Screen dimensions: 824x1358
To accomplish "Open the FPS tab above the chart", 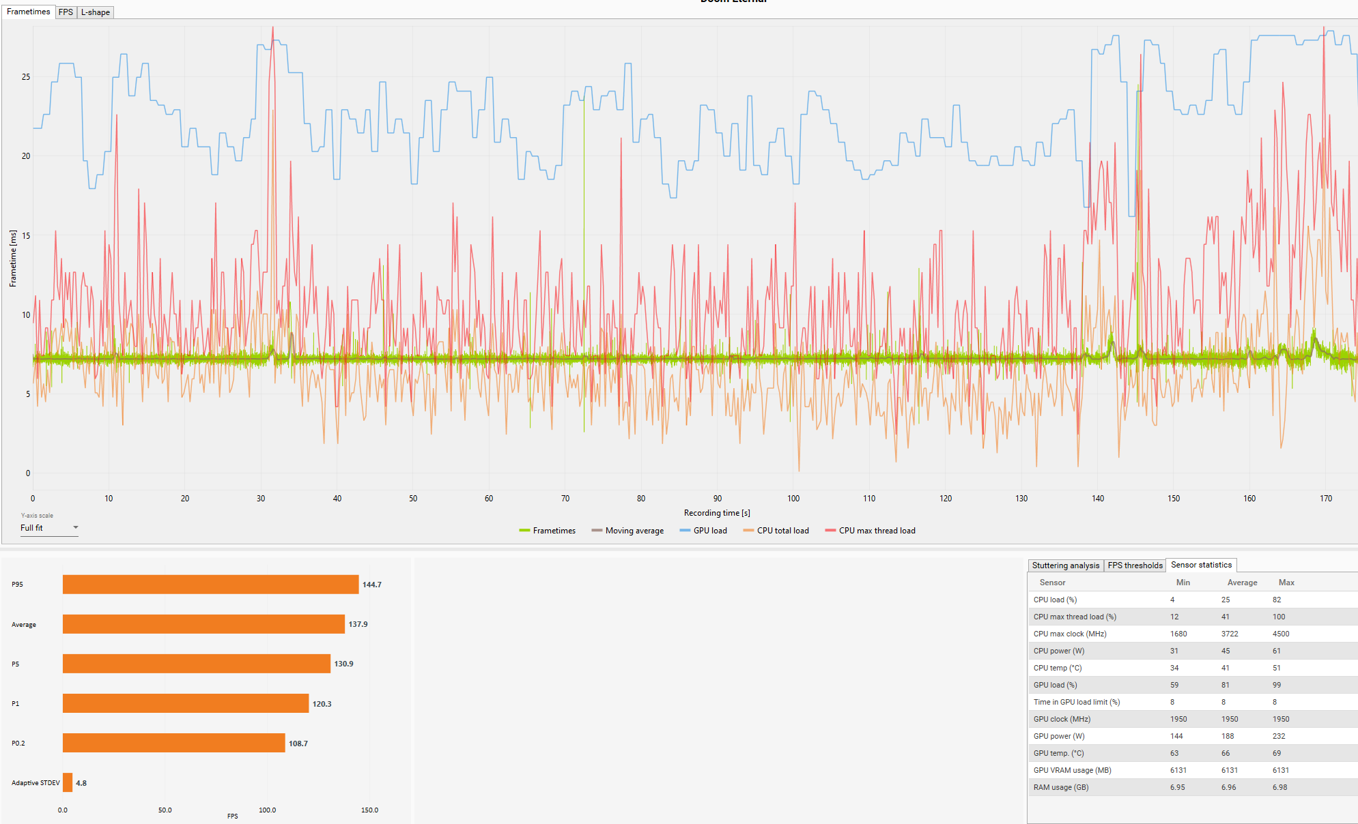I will pyautogui.click(x=66, y=12).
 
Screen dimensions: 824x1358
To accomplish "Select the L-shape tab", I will pyautogui.click(x=95, y=12).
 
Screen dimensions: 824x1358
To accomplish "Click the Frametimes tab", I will pyautogui.click(x=28, y=12).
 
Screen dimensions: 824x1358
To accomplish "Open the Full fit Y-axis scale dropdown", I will pyautogui.click(x=49, y=528).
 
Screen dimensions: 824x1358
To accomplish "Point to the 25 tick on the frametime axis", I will pyautogui.click(x=26, y=77).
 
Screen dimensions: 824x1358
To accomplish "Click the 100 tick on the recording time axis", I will pyautogui.click(x=793, y=499).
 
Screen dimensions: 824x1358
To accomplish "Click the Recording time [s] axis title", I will pyautogui.click(x=717, y=513).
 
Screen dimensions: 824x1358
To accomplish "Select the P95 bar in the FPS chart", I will pyautogui.click(x=210, y=585).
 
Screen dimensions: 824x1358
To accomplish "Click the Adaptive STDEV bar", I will pyautogui.click(x=68, y=782).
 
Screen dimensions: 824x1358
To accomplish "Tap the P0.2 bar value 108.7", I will pyautogui.click(x=298, y=744).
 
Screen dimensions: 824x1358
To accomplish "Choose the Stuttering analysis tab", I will pyautogui.click(x=1065, y=565).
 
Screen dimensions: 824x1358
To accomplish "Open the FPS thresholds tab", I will pyautogui.click(x=1135, y=565).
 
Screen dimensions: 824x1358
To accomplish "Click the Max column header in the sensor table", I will pyautogui.click(x=1286, y=583).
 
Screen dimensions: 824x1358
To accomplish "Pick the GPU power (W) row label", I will pyautogui.click(x=1059, y=736).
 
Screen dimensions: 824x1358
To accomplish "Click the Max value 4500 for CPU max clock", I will pyautogui.click(x=1281, y=634).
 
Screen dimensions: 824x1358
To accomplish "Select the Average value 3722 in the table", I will pyautogui.click(x=1230, y=634).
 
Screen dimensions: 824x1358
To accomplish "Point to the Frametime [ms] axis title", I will pyautogui.click(x=13, y=259).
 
